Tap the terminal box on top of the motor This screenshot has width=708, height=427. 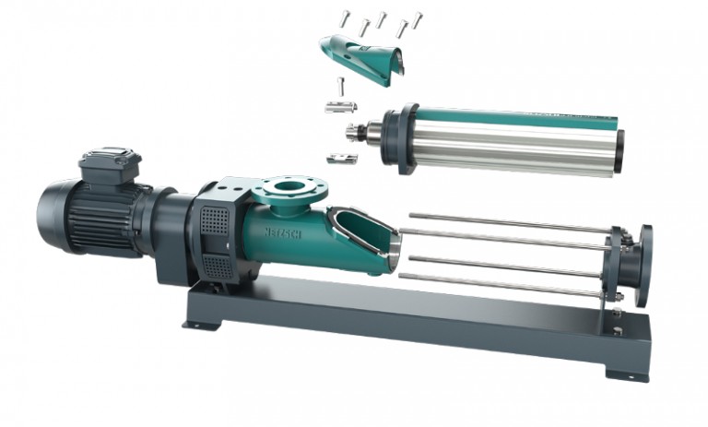click(x=110, y=164)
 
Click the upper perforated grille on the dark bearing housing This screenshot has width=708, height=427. click(x=215, y=222)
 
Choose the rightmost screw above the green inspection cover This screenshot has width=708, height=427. click(x=417, y=18)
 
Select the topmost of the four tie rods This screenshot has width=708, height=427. click(x=507, y=222)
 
